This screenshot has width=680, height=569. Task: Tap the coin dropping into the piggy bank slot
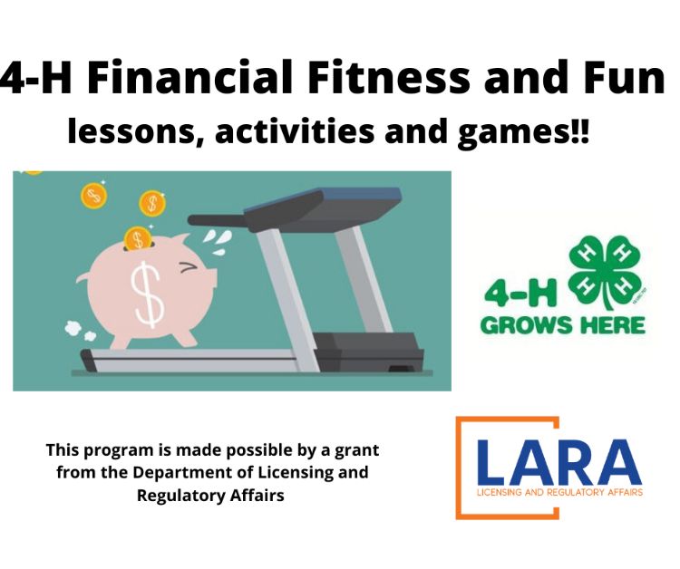[x=136, y=238]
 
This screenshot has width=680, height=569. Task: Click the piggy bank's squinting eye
[x=189, y=267]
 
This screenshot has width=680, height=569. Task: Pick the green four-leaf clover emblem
[x=607, y=269]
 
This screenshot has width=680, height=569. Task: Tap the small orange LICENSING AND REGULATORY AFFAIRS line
[x=559, y=493]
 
